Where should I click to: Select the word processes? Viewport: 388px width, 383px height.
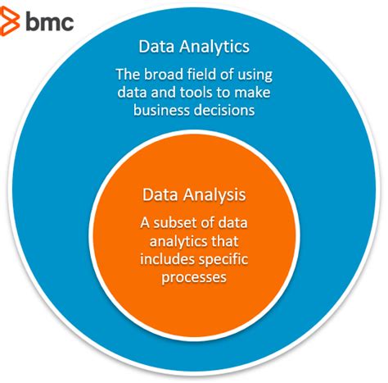194,278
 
